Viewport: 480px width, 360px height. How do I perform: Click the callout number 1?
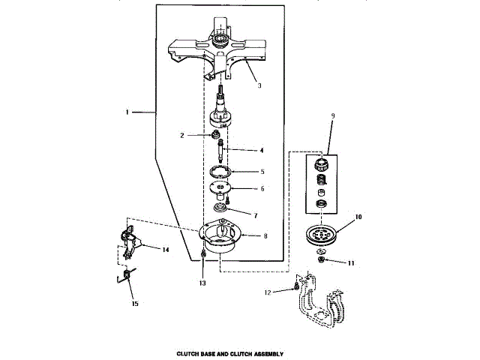(x=128, y=112)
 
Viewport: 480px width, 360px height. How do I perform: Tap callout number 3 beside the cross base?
(x=259, y=85)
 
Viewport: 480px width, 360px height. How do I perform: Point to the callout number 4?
(x=262, y=151)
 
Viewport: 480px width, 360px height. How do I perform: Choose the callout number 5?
(x=262, y=171)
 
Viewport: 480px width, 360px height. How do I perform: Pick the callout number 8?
(x=265, y=235)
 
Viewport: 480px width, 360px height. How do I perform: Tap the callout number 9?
(x=333, y=117)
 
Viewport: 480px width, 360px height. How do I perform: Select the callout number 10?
(x=358, y=217)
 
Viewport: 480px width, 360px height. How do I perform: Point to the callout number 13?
(x=202, y=283)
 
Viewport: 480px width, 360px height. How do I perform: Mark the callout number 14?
(x=165, y=248)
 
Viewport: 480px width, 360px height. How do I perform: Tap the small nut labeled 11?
(x=321, y=259)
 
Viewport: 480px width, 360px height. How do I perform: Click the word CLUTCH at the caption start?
(x=186, y=352)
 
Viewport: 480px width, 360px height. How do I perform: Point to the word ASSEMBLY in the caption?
(x=269, y=352)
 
